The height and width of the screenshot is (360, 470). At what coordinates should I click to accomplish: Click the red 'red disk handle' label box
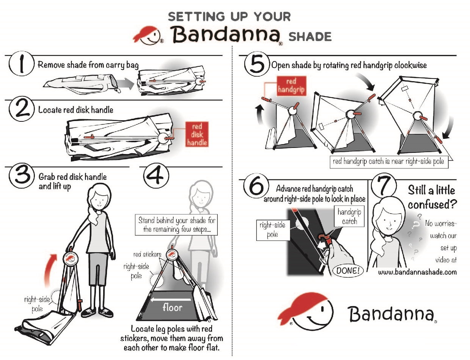(x=197, y=134)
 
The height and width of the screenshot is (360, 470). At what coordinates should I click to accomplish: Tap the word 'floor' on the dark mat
(x=173, y=307)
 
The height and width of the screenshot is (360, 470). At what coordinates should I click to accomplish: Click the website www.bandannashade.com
(x=417, y=272)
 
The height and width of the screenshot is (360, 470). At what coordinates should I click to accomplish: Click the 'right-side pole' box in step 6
(x=272, y=230)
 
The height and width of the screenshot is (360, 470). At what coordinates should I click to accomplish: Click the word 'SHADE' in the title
(x=310, y=37)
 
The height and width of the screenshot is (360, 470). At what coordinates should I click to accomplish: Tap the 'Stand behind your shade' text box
(x=177, y=225)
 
